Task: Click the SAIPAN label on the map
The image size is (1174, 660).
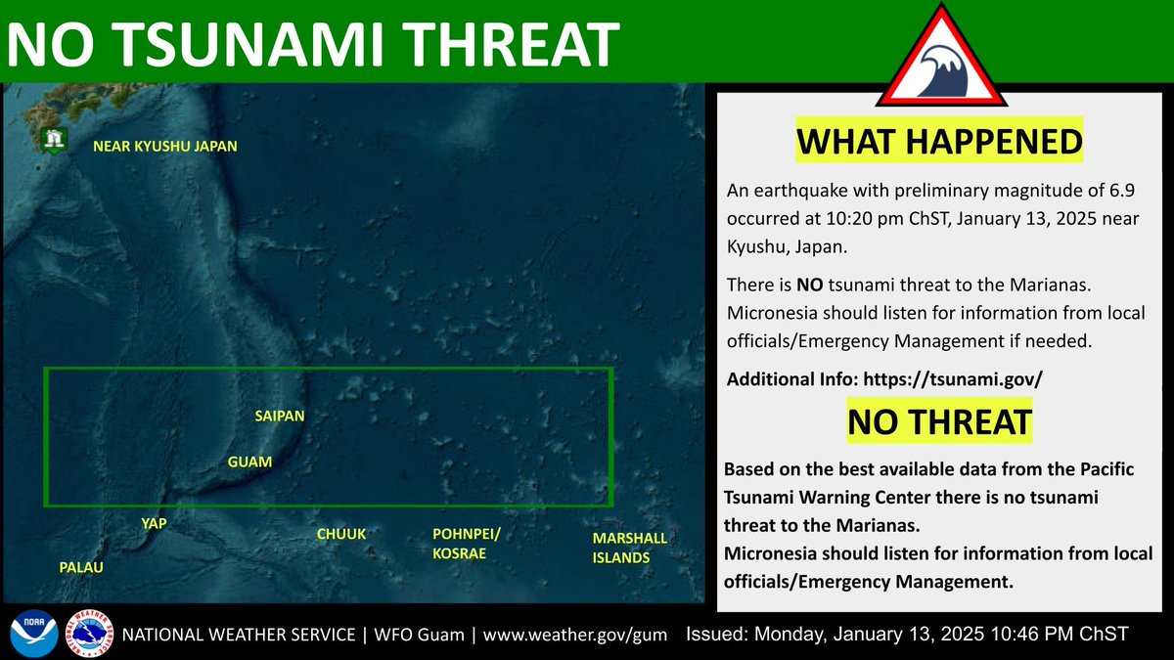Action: [280, 416]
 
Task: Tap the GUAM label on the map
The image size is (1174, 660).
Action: [249, 461]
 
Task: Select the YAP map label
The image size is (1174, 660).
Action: [155, 524]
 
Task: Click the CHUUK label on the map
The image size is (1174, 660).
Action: [340, 534]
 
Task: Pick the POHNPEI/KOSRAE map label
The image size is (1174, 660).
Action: [467, 544]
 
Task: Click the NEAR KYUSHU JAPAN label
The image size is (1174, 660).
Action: [164, 147]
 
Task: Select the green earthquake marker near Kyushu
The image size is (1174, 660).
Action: [52, 140]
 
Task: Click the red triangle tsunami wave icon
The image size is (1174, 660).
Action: [940, 61]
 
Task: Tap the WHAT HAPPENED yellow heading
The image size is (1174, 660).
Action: [939, 141]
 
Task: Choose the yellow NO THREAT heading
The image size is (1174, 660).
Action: [939, 421]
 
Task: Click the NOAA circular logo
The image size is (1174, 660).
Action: [30, 634]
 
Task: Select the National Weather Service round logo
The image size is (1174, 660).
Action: [88, 634]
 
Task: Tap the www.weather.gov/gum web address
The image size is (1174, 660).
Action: [576, 635]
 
